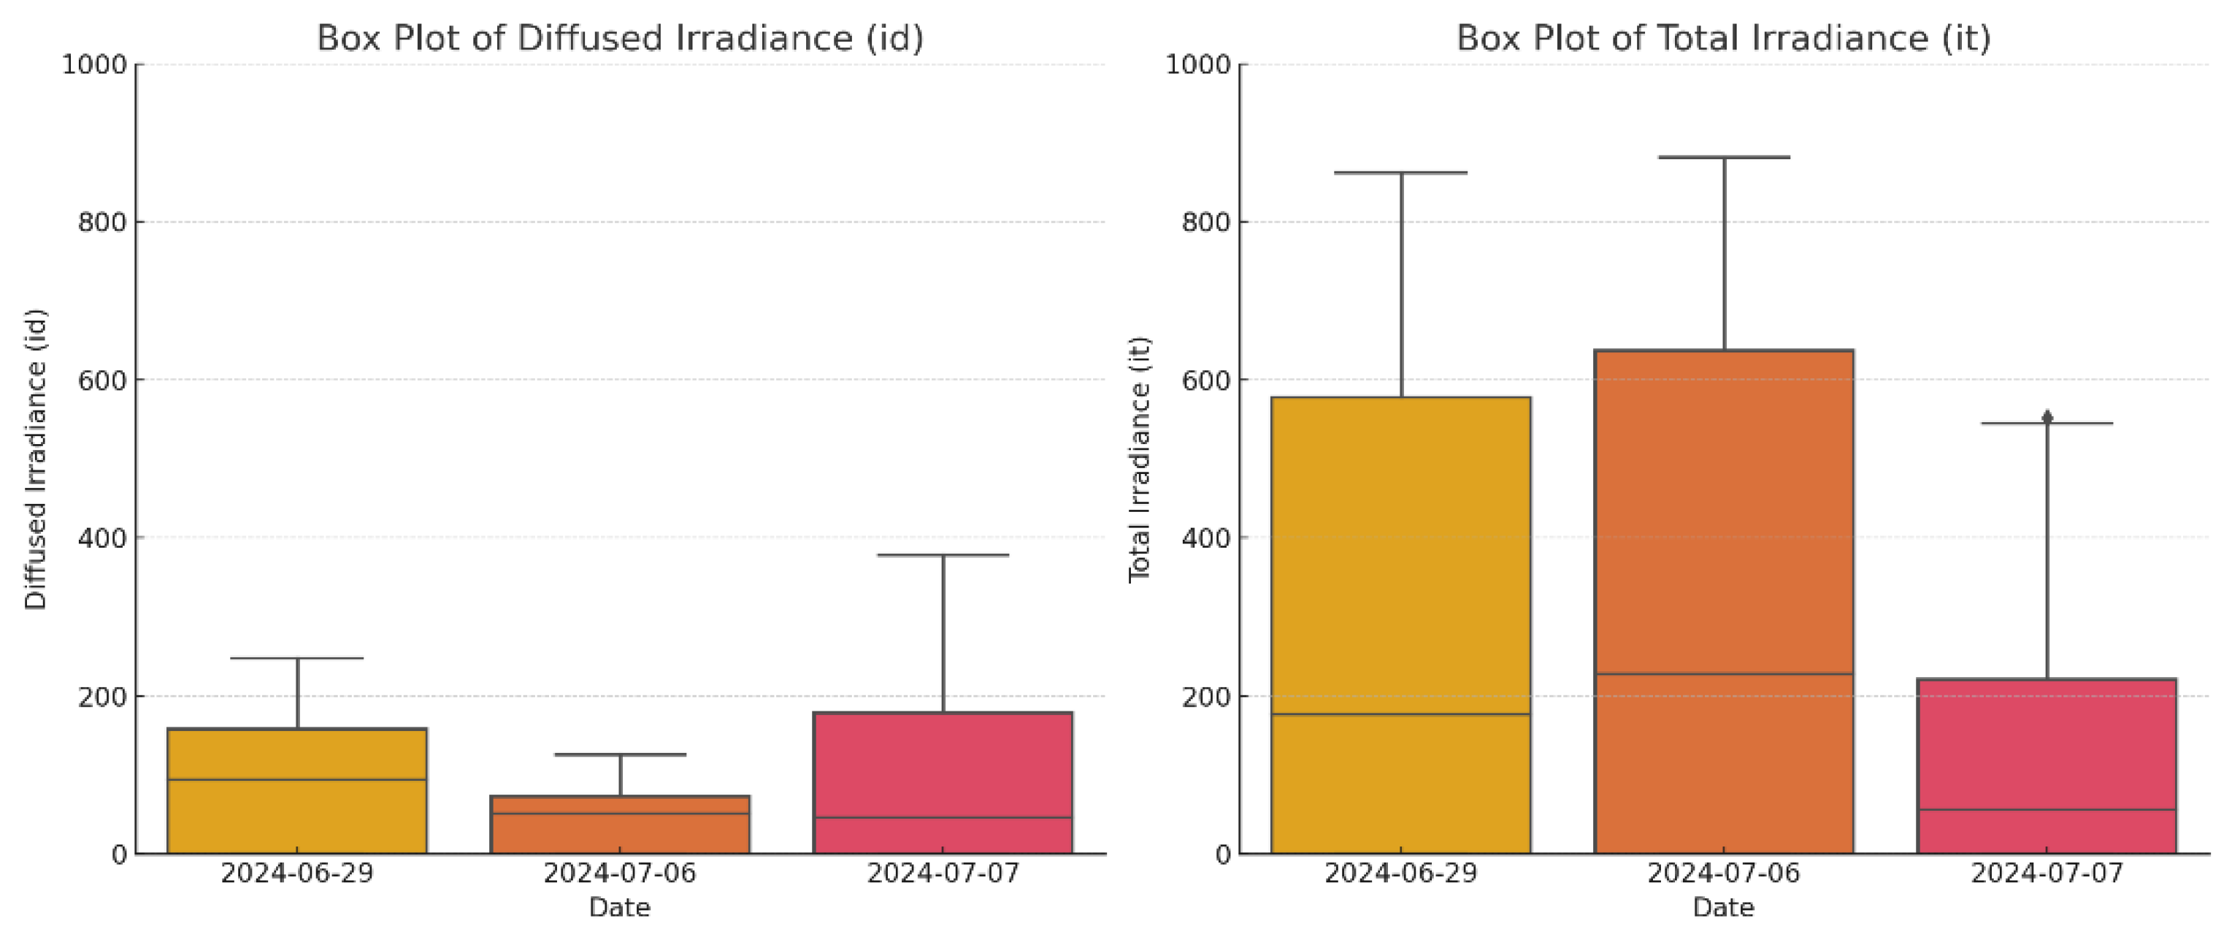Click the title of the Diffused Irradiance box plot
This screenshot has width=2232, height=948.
coord(620,38)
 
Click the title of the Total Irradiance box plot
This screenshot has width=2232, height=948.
coord(1722,38)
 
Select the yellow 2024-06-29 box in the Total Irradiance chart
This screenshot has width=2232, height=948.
coord(1400,624)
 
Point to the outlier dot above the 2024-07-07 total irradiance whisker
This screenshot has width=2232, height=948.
coord(2047,417)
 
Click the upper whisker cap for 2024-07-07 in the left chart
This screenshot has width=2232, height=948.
coord(943,554)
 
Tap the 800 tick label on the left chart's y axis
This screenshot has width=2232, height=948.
coord(102,223)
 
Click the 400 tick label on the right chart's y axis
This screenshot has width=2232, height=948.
coord(1206,538)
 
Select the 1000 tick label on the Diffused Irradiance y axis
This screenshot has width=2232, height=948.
coord(94,65)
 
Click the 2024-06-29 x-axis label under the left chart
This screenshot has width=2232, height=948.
coord(297,873)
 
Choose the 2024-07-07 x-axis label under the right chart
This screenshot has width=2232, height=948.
coord(2047,873)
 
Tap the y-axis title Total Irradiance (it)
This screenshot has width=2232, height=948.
coord(1138,459)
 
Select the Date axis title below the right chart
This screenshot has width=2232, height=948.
coord(1723,907)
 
